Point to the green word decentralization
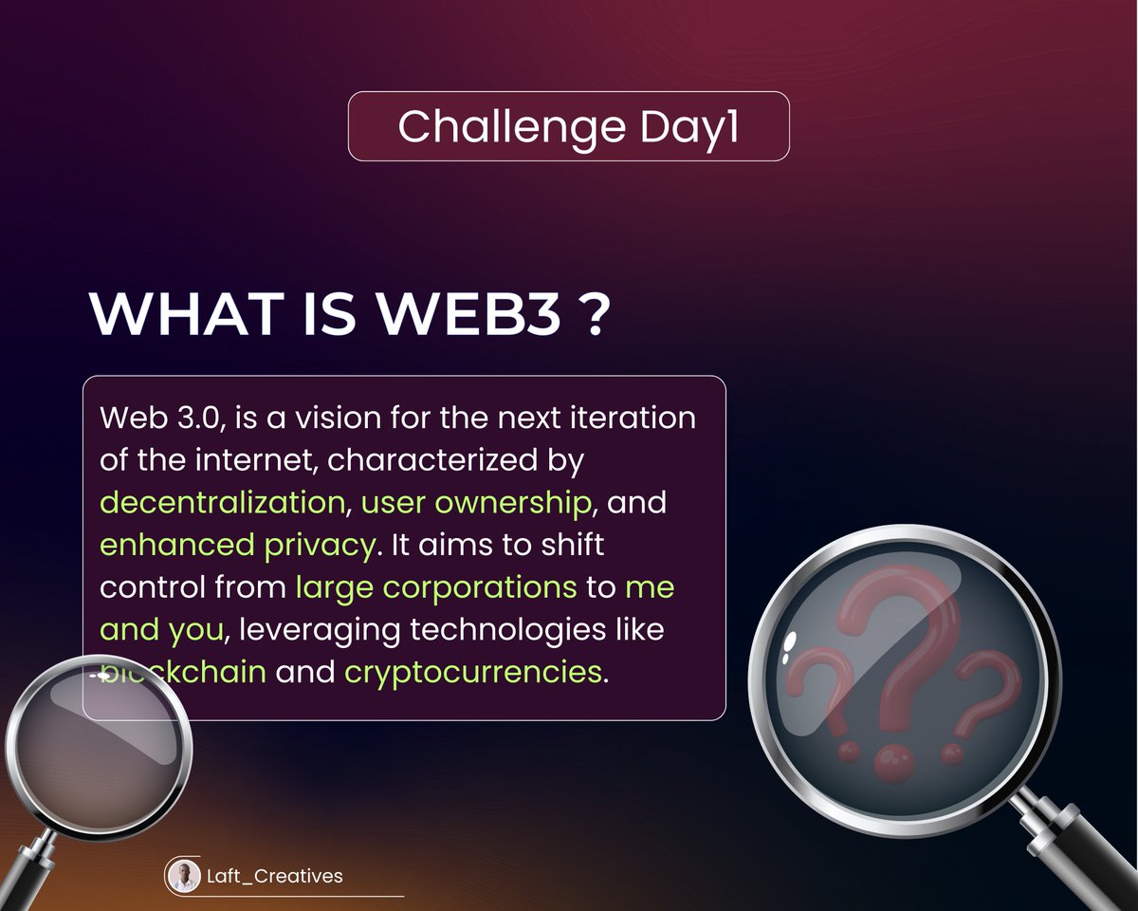(x=222, y=502)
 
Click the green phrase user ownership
(x=476, y=502)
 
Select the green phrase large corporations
(x=436, y=587)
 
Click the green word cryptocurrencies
(x=473, y=672)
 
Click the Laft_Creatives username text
(x=274, y=876)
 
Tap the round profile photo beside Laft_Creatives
(x=184, y=876)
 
